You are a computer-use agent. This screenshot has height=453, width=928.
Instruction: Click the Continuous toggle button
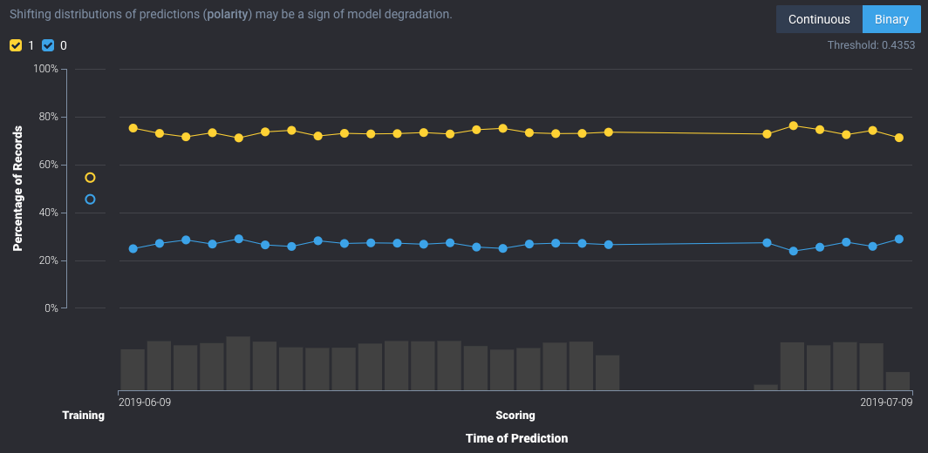click(x=818, y=19)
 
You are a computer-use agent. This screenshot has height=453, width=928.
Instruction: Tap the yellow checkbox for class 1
click(x=16, y=45)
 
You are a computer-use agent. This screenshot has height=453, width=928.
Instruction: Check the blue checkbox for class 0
click(x=48, y=45)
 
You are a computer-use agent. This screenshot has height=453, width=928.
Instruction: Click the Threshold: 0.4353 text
click(x=870, y=44)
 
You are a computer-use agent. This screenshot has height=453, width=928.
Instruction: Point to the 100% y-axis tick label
click(x=45, y=69)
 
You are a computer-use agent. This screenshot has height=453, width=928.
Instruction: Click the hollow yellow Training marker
click(x=90, y=178)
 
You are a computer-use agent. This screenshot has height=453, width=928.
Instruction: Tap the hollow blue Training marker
click(x=90, y=199)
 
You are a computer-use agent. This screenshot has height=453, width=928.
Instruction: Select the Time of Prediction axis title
click(x=516, y=438)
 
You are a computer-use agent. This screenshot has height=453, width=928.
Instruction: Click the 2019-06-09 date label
click(x=145, y=402)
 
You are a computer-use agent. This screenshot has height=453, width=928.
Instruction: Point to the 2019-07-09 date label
click(x=886, y=402)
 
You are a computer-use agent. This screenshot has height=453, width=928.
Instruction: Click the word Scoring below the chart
click(x=515, y=416)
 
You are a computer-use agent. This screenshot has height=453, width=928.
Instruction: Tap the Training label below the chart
click(x=83, y=416)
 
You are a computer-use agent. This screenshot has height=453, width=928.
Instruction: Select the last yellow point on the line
click(x=899, y=138)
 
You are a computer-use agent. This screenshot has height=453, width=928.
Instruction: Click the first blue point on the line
click(x=133, y=248)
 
